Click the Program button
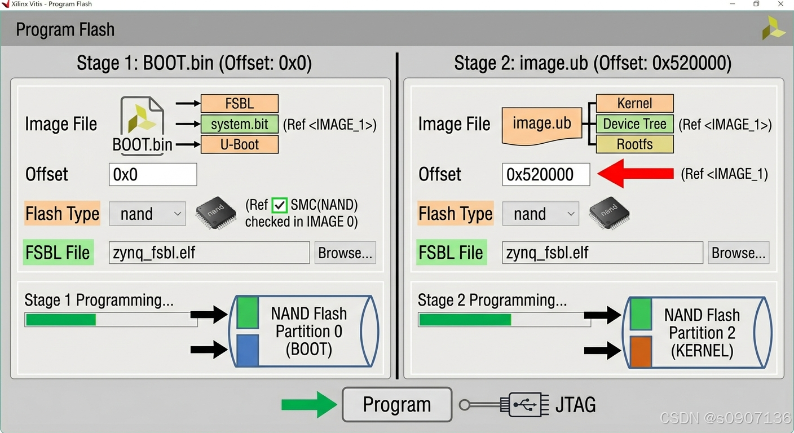coord(397,404)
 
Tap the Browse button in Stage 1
coord(345,253)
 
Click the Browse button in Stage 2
coord(738,253)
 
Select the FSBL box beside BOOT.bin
coord(240,104)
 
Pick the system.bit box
coord(240,124)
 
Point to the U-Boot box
coord(240,144)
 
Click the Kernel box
coord(634,104)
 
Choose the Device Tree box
coord(634,124)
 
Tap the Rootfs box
coord(634,144)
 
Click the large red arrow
coord(635,174)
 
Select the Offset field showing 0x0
coord(153,175)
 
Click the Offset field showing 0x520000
coord(545,175)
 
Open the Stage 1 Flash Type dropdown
coord(147,214)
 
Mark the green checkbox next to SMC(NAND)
coord(280,205)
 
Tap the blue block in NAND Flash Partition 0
coord(248,351)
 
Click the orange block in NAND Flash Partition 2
coord(641,352)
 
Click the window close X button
coord(781,4)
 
